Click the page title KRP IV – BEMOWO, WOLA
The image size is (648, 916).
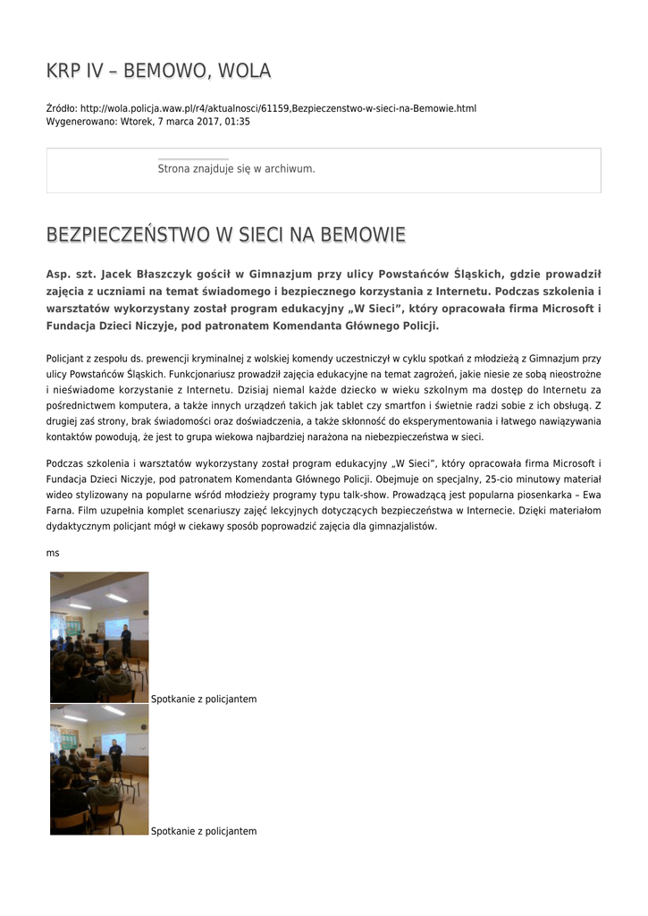158,71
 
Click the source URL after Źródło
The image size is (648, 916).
278,108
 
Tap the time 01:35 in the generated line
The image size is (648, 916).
238,121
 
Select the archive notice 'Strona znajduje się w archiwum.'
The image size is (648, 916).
236,168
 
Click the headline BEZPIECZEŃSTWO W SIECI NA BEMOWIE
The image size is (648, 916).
225,235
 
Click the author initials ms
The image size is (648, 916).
53,553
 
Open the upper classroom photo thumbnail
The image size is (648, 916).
99,637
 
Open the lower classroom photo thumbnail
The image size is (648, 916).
99,769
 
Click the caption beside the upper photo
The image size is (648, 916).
204,699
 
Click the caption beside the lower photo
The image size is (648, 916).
204,831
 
